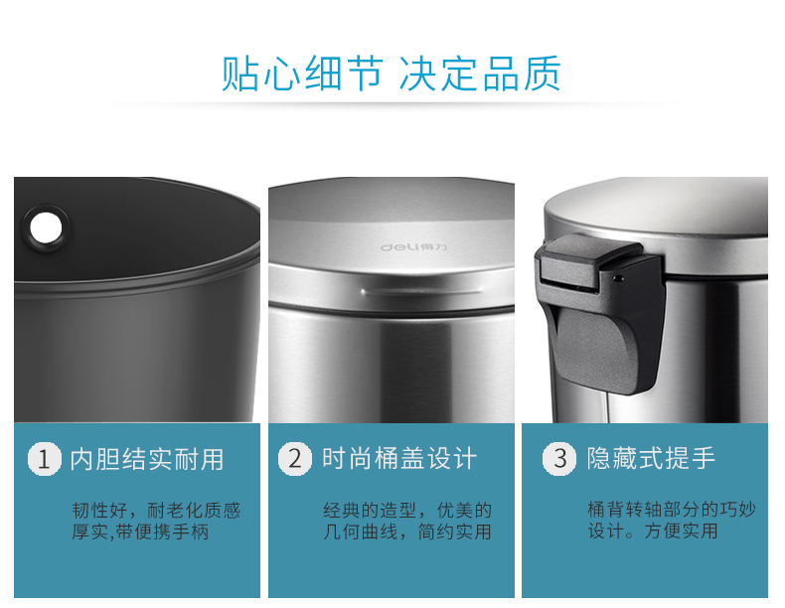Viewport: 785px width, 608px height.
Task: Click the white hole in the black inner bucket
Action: point(46,228)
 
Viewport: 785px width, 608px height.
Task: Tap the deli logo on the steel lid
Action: point(413,247)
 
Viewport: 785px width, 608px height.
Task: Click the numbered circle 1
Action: point(44,458)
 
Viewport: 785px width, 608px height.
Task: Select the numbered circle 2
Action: point(295,458)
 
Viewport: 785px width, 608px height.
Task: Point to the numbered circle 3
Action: point(559,458)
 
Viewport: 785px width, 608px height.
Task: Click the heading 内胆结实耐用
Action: point(147,459)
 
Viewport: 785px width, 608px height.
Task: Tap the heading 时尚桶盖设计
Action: point(399,459)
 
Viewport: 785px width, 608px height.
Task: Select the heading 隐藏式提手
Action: point(651,458)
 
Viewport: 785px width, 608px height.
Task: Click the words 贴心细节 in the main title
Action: point(302,74)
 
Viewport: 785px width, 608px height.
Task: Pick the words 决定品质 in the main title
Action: point(480,74)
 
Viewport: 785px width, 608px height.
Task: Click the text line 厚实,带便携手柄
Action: point(140,532)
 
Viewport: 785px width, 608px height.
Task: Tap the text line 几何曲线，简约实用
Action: point(407,532)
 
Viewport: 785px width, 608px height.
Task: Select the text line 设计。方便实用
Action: point(653,531)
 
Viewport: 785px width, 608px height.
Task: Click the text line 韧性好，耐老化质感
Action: point(156,511)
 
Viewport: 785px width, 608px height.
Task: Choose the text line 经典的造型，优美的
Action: point(407,511)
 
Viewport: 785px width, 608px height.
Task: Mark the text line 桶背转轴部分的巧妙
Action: point(672,510)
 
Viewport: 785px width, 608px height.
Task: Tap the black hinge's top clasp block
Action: point(591,261)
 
